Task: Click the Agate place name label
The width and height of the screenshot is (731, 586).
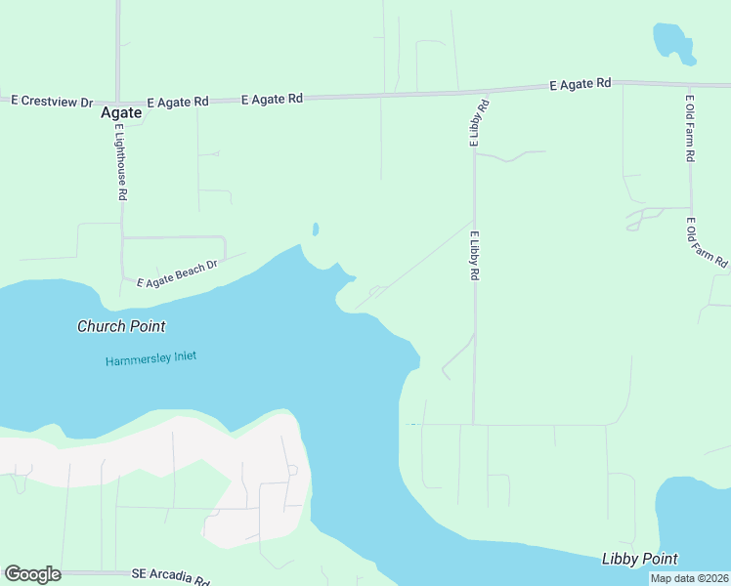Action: pos(121,112)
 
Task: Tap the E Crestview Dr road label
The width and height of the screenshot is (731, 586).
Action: pos(52,102)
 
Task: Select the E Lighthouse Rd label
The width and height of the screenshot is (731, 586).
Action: pos(120,162)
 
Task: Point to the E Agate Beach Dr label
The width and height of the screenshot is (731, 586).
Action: pos(176,274)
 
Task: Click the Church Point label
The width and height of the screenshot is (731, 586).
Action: pos(121,326)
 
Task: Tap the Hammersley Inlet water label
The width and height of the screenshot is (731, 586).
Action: pos(150,358)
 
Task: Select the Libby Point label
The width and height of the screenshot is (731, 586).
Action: pos(640,559)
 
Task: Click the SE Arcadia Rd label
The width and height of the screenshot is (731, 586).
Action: pos(171,577)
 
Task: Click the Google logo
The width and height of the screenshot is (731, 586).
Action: pos(32,574)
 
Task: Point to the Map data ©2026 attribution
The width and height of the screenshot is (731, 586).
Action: pos(689,578)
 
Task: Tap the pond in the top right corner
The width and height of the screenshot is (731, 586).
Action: pos(671,42)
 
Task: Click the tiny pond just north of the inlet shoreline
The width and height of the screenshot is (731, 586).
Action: pos(315,230)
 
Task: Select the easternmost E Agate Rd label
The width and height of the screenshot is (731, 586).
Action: pos(580,84)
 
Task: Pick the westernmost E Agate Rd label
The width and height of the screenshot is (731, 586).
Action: pos(178,102)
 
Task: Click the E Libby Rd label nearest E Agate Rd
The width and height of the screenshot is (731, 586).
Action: pos(478,122)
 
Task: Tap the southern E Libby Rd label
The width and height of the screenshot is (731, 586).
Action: pos(475,257)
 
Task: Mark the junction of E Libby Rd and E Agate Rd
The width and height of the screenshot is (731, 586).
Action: pos(476,92)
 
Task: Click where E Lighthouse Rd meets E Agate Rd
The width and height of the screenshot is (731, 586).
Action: pos(118,101)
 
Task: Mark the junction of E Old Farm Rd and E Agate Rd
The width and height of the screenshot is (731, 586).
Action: pos(690,85)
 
